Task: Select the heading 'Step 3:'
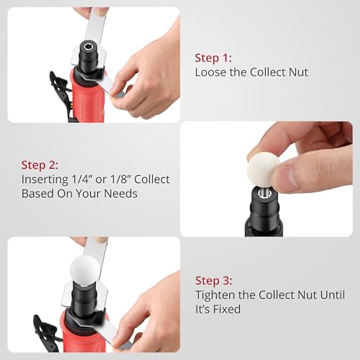point(214,281)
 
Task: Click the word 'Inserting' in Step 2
point(45,179)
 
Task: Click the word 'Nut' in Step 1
point(297,72)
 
